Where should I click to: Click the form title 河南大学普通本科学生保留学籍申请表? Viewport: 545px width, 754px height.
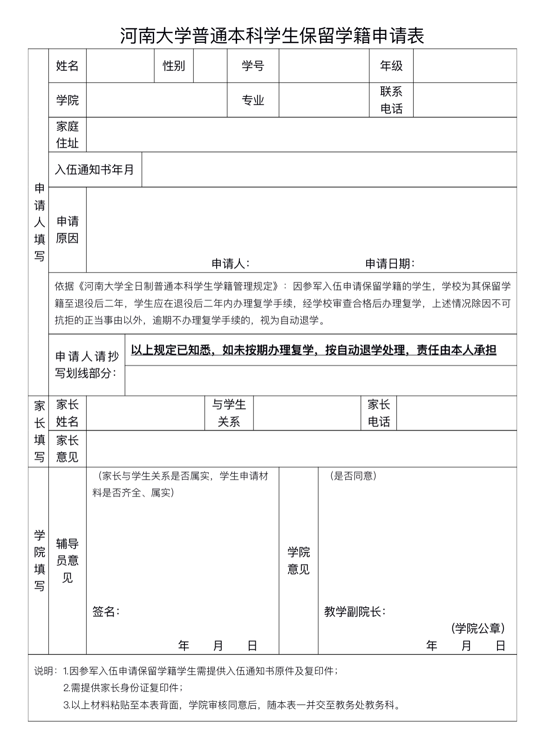tap(272, 36)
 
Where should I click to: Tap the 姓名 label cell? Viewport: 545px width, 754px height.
tap(67, 66)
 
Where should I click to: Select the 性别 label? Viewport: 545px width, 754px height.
tap(174, 66)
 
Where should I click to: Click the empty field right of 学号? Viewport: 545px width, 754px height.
tap(324, 66)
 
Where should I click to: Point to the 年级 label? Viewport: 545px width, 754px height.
tap(391, 66)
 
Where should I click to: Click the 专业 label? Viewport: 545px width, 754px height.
tap(253, 100)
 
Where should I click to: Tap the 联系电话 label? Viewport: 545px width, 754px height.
tap(391, 100)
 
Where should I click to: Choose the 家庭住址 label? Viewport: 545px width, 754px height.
tap(67, 135)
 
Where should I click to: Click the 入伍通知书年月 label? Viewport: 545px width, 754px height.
tap(95, 170)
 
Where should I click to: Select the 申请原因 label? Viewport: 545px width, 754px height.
tap(67, 229)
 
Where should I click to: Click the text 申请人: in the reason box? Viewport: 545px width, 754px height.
tap(231, 264)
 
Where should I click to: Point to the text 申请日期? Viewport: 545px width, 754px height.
tap(390, 264)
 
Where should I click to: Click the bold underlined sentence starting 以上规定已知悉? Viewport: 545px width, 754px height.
tap(313, 350)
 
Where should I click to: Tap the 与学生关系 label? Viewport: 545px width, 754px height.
tap(229, 413)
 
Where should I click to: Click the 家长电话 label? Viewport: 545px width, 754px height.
tap(378, 413)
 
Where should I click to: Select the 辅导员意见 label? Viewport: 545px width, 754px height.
tap(67, 560)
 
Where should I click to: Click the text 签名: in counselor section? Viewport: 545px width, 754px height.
tap(106, 612)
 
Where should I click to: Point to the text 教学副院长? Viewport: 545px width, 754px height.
tap(354, 612)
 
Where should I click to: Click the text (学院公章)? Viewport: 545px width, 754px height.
tap(478, 628)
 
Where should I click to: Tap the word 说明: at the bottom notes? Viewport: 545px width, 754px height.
tap(46, 671)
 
